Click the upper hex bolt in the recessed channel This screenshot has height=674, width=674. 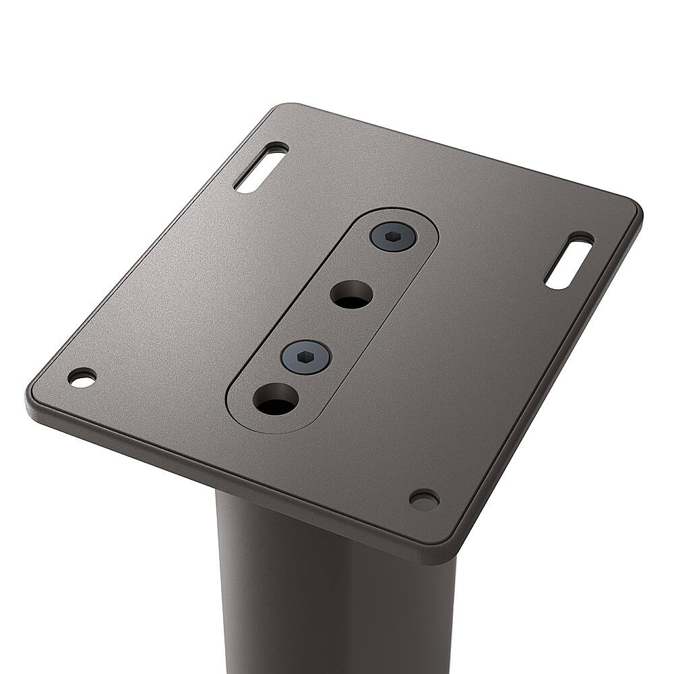coord(393,237)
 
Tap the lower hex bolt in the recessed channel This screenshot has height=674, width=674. coord(305,355)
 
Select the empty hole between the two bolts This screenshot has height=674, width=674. coord(352,295)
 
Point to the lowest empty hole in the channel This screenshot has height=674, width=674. coord(276,400)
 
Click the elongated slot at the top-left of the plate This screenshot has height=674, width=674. coord(261,167)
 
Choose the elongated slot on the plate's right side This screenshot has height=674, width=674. coord(569,261)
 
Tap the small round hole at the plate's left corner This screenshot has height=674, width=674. coord(82,377)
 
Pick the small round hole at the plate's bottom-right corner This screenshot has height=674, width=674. coord(424,499)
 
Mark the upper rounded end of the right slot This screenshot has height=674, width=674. coord(581,241)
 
